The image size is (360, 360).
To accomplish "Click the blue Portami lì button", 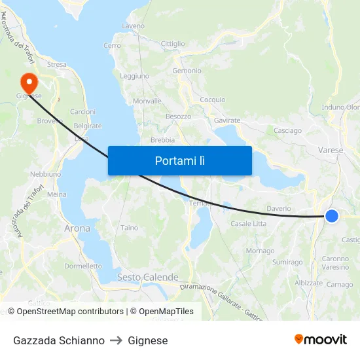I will pyautogui.click(x=179, y=160).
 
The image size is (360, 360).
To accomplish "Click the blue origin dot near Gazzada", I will pyautogui.click(x=332, y=215).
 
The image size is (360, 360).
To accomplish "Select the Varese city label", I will pyautogui.click(x=331, y=151).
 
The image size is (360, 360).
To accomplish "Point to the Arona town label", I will pyautogui.click(x=77, y=228).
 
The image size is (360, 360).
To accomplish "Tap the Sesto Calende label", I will pyautogui.click(x=147, y=278).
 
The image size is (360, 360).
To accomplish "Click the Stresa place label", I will pyautogui.click(x=57, y=65).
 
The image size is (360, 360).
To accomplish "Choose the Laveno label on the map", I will pyautogui.click(x=133, y=26).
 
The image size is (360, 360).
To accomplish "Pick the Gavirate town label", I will pyautogui.click(x=227, y=120).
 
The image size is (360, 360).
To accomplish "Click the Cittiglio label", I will pyautogui.click(x=173, y=43).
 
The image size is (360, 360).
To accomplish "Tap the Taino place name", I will pyautogui.click(x=129, y=228).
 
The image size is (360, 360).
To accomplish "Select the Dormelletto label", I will pyautogui.click(x=83, y=266).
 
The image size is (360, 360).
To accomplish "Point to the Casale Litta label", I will pyautogui.click(x=249, y=224).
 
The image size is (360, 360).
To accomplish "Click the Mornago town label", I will pyautogui.click(x=260, y=251).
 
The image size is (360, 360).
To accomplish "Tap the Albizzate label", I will pyautogui.click(x=308, y=283).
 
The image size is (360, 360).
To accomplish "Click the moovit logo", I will pyautogui.click(x=321, y=340).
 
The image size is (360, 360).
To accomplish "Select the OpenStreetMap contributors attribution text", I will pyautogui.click(x=70, y=312).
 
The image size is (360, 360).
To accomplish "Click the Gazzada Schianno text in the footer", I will pyautogui.click(x=59, y=340).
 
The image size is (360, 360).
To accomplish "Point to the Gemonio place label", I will pyautogui.click(x=187, y=71).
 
